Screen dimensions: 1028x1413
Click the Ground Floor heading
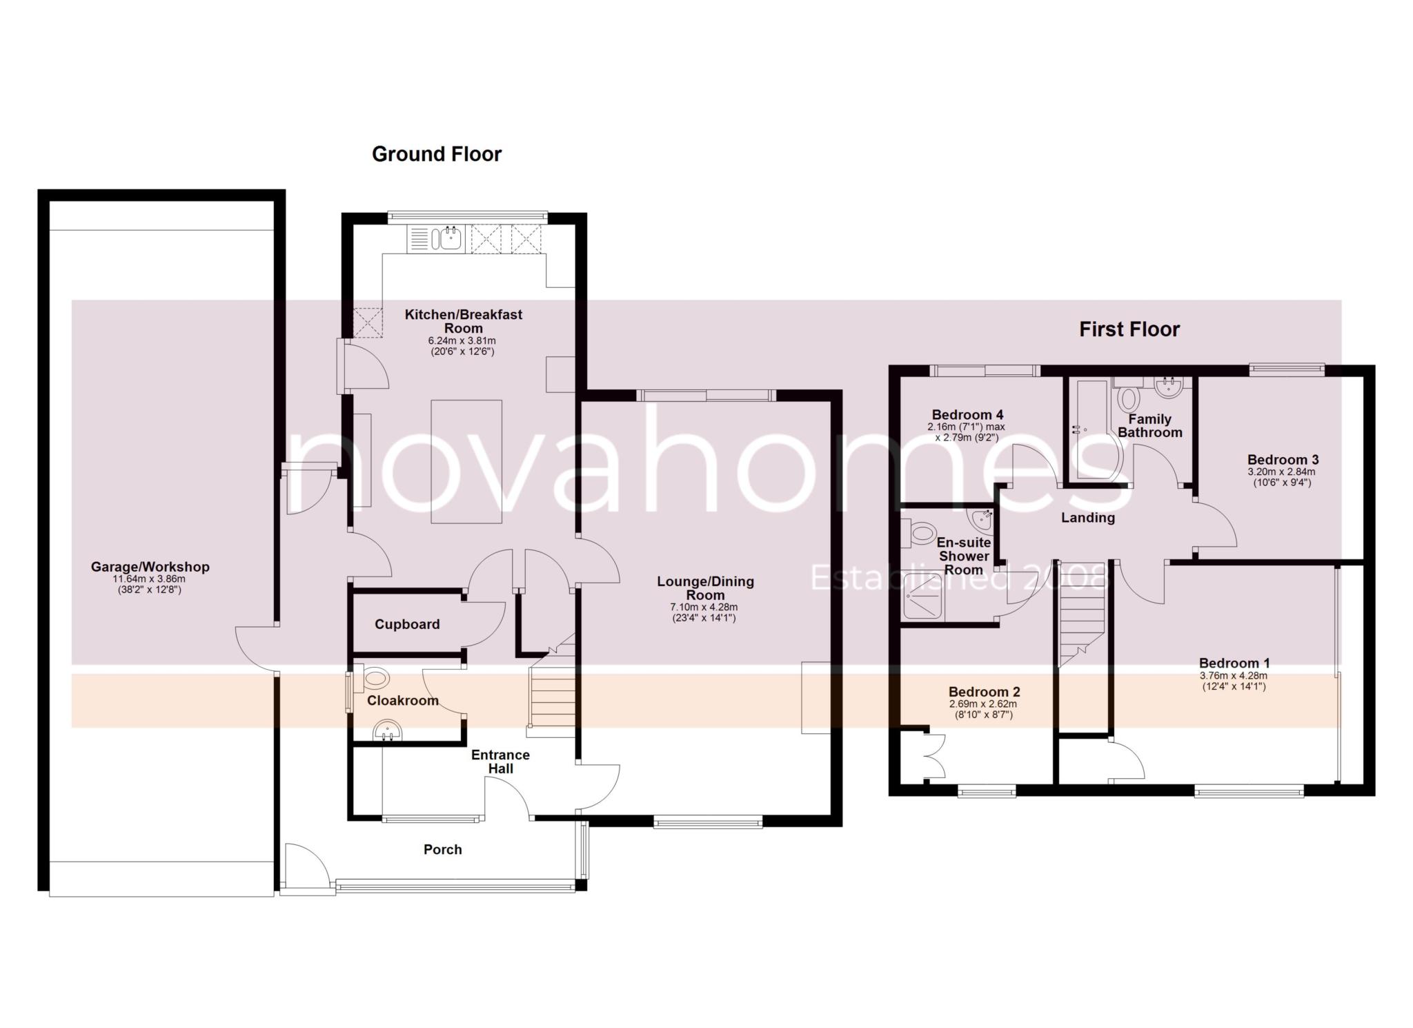[x=436, y=154]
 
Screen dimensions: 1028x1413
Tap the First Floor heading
[x=1129, y=329]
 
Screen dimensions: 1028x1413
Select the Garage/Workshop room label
[x=150, y=567]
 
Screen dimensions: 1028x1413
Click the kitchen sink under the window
[x=446, y=239]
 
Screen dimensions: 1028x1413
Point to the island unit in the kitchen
[x=466, y=461]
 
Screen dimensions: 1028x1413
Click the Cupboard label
[x=407, y=624]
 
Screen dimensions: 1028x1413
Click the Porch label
[x=442, y=850]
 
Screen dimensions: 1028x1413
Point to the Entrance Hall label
[x=500, y=762]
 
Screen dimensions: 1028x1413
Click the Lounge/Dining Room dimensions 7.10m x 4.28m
[x=704, y=608]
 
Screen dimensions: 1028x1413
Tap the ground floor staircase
[x=552, y=697]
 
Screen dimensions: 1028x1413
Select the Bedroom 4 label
[x=967, y=415]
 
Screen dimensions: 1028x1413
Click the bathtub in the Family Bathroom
[x=1090, y=428]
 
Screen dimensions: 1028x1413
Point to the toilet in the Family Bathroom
[x=1129, y=398]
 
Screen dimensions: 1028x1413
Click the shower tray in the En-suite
[x=924, y=594]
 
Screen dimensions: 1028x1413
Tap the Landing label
[x=1087, y=518]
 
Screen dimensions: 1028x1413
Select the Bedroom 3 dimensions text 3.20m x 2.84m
[x=1282, y=472]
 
